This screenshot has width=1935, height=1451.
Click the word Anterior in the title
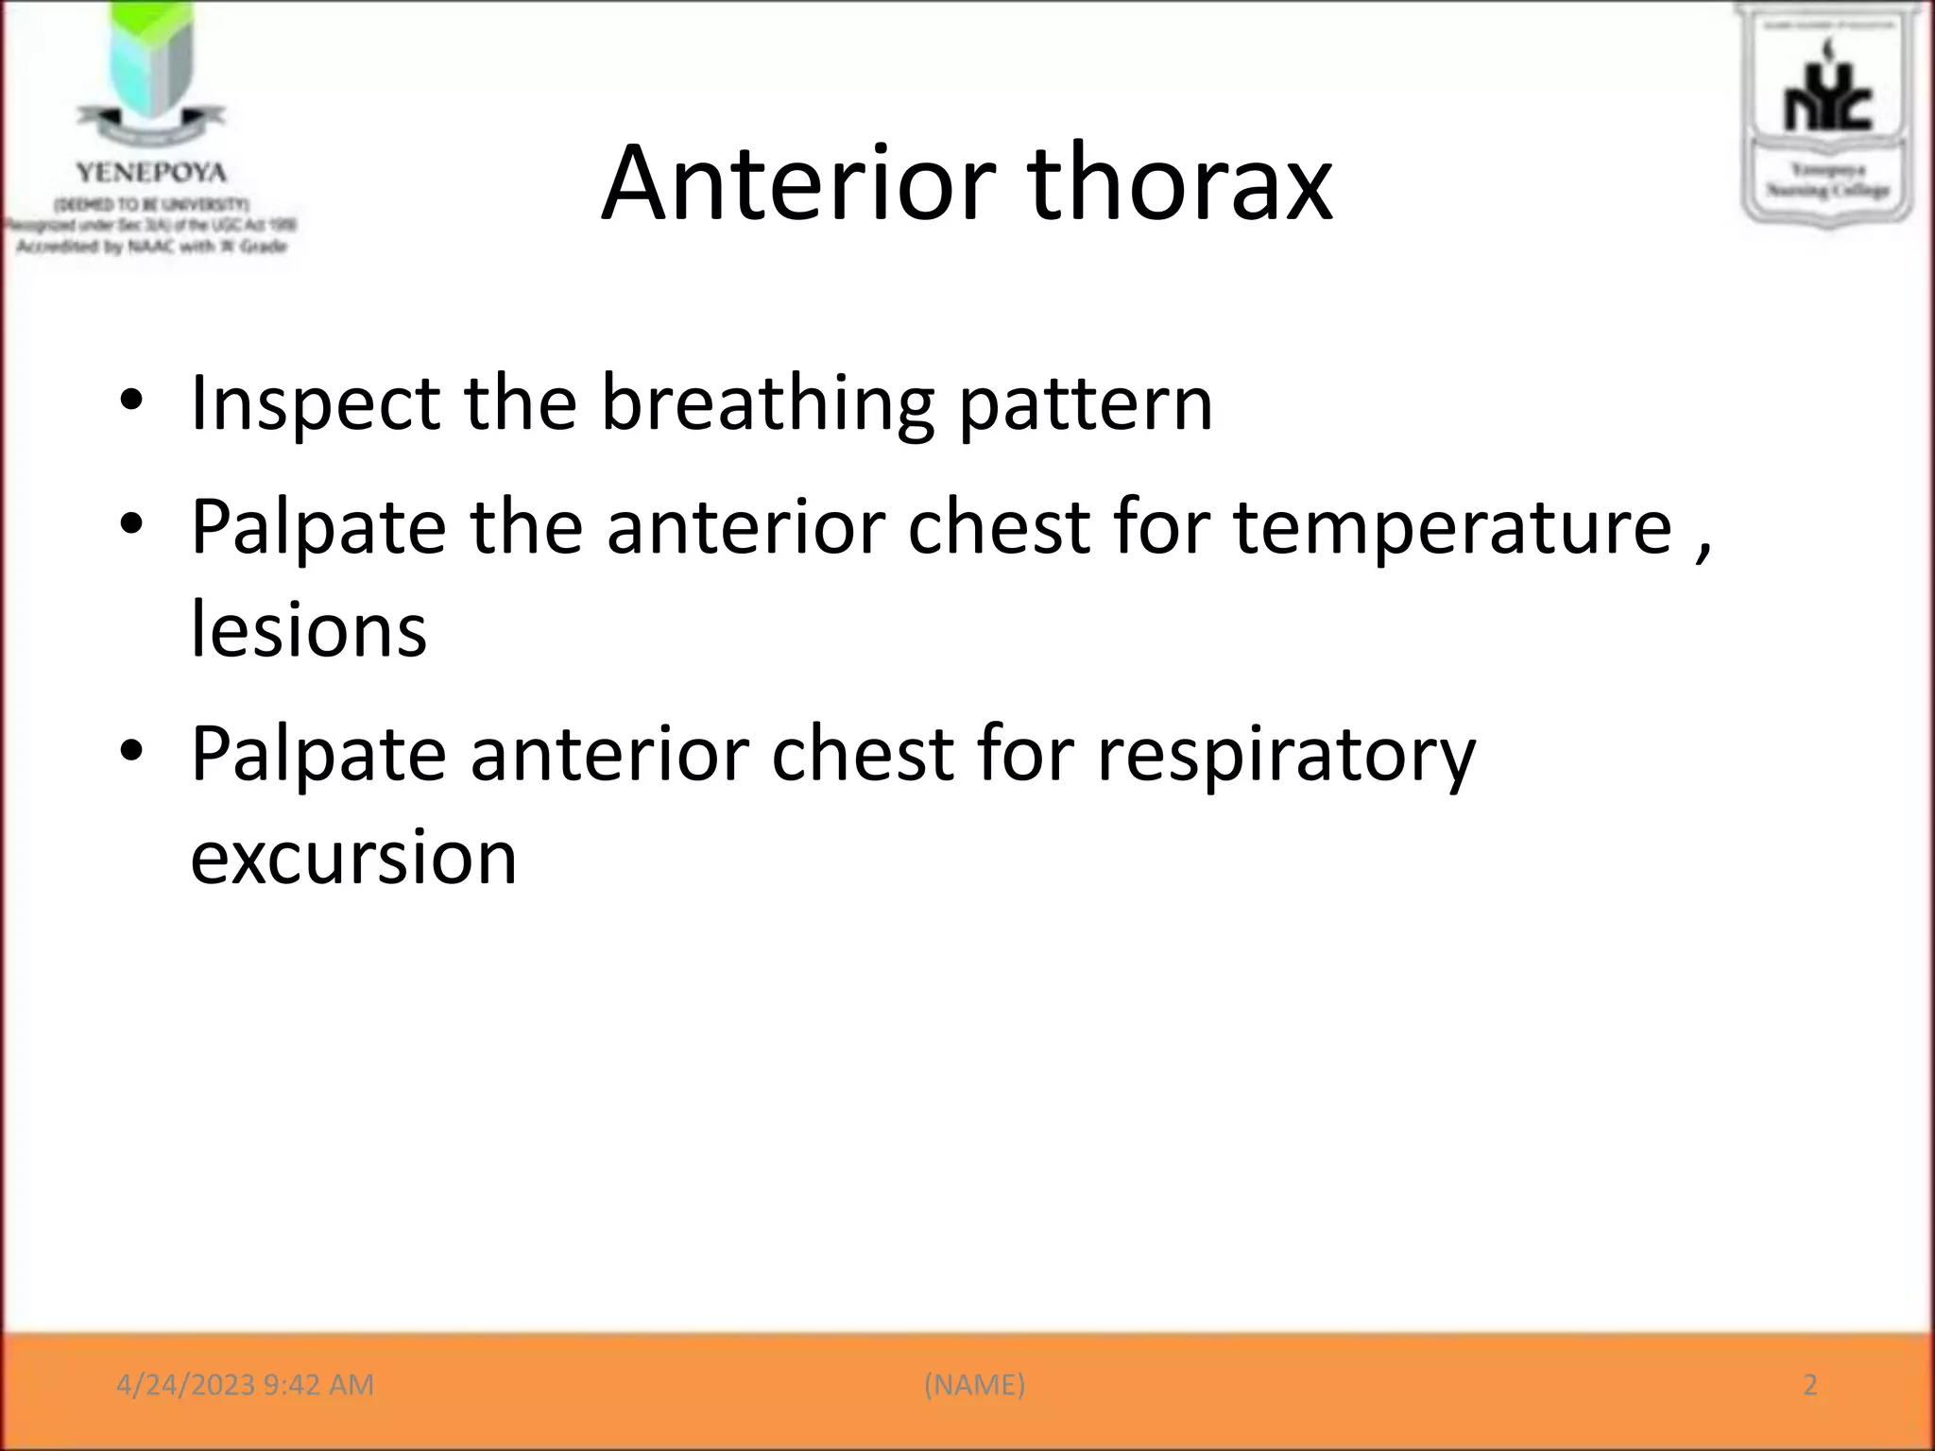(x=798, y=184)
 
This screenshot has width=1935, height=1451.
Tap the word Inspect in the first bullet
(x=316, y=404)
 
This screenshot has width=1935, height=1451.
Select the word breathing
(x=767, y=404)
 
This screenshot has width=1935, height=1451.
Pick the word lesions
(x=309, y=630)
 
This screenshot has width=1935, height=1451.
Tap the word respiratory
(x=1286, y=755)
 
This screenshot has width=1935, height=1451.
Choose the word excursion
(x=353, y=858)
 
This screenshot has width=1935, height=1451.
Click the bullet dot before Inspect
(x=131, y=401)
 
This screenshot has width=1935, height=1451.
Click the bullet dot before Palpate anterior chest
(x=131, y=752)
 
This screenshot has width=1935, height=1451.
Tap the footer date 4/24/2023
(x=185, y=1385)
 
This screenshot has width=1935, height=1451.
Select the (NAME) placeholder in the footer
(x=974, y=1385)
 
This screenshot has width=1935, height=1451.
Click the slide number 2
(x=1810, y=1385)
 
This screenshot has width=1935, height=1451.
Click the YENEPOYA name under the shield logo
(x=151, y=173)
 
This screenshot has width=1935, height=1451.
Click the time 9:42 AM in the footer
(x=318, y=1385)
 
